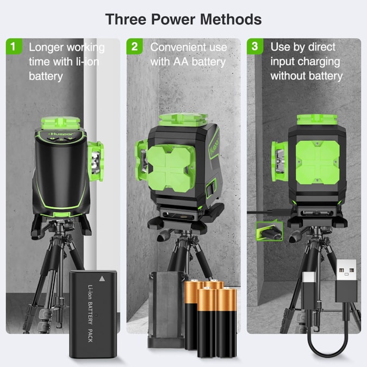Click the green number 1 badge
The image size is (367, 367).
(14, 47)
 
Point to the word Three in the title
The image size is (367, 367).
(126, 20)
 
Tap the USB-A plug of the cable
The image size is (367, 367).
(347, 278)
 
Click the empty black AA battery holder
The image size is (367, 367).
(165, 310)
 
